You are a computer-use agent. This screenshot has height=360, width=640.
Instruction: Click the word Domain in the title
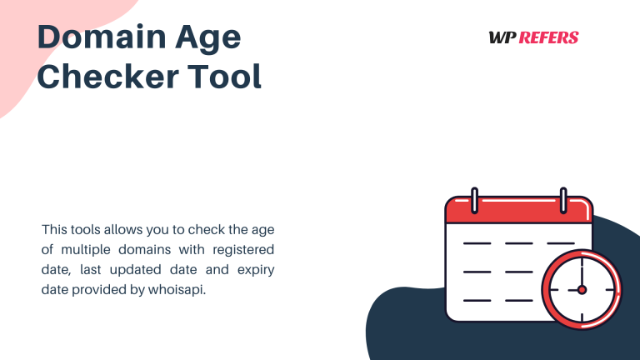(92, 37)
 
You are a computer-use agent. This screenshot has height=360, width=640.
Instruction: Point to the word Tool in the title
(222, 76)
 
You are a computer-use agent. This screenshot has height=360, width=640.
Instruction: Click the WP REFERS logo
(533, 37)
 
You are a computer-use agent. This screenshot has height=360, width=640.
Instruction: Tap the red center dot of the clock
(582, 290)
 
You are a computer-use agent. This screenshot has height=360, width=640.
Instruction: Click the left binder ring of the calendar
(474, 200)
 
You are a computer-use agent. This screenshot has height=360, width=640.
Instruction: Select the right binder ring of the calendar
(563, 200)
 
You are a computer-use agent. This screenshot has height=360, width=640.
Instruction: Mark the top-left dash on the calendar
(477, 243)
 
